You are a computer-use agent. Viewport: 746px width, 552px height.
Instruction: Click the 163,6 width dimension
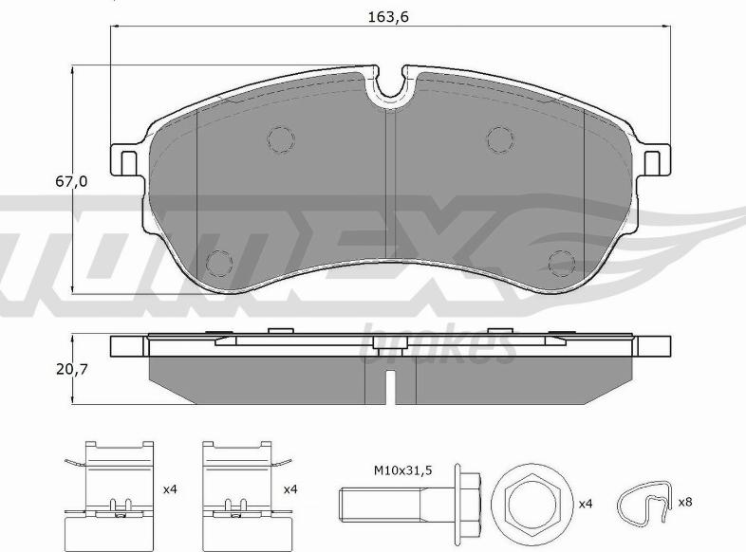click(x=388, y=17)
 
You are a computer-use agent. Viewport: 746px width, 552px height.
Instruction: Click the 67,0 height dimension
click(x=71, y=181)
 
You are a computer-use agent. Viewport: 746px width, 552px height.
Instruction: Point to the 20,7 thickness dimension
click(x=72, y=369)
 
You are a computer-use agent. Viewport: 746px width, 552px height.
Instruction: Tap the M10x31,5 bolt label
click(x=402, y=470)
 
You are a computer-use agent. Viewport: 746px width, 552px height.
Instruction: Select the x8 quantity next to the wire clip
click(x=684, y=502)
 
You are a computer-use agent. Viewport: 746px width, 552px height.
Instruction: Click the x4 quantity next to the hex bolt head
click(x=587, y=504)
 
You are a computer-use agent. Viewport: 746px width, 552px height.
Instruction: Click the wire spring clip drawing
click(x=644, y=504)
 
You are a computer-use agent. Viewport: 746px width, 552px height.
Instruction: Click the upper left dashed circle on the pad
click(x=281, y=139)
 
